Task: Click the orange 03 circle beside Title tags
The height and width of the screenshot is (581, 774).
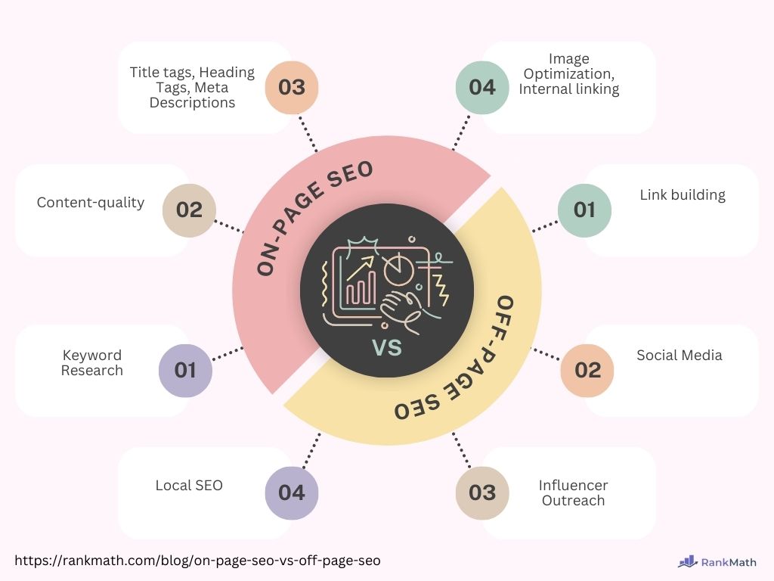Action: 291,88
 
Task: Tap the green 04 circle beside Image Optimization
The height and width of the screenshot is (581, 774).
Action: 482,88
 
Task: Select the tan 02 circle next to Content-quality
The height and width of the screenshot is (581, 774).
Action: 189,210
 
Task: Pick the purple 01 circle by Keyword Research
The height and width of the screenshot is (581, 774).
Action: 185,371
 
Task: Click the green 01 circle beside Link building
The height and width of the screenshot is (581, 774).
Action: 584,210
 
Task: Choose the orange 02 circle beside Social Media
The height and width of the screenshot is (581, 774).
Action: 587,371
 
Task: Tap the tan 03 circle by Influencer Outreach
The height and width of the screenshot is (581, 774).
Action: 482,493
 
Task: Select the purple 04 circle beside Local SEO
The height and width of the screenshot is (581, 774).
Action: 291,493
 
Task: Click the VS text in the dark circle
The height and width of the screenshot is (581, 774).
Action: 388,347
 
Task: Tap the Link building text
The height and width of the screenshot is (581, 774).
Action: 683,196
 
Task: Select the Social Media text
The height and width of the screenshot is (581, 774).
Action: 680,356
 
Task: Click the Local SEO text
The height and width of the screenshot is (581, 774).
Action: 189,486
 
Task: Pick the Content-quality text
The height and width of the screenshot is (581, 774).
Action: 91,203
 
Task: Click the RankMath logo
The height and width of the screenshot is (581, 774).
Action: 717,562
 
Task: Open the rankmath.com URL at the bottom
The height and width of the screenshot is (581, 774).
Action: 197,561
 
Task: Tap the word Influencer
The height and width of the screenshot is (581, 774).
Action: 573,485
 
